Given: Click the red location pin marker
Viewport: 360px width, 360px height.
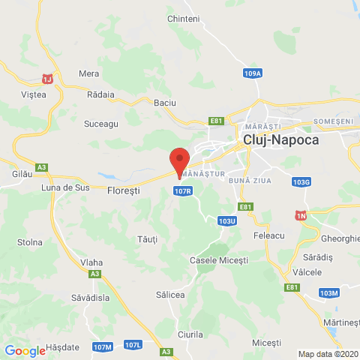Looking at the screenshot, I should (178, 161).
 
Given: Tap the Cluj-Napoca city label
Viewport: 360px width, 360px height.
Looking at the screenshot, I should (282, 140).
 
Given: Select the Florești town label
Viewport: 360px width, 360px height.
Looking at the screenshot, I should (124, 190).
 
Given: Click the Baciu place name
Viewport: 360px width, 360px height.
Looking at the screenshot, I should (163, 103).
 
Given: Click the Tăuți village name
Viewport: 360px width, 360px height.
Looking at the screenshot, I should (147, 238).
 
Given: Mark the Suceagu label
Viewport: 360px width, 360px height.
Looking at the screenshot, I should (101, 124).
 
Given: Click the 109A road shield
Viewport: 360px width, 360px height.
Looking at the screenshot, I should (253, 73).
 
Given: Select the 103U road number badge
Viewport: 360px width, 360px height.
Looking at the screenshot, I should (227, 221).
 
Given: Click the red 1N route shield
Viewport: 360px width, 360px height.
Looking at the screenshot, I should (301, 215).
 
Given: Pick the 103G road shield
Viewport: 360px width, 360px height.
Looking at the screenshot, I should (302, 182).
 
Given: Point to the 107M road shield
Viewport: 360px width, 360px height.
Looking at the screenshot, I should (103, 346).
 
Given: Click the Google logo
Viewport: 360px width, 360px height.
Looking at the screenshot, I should (25, 350).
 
